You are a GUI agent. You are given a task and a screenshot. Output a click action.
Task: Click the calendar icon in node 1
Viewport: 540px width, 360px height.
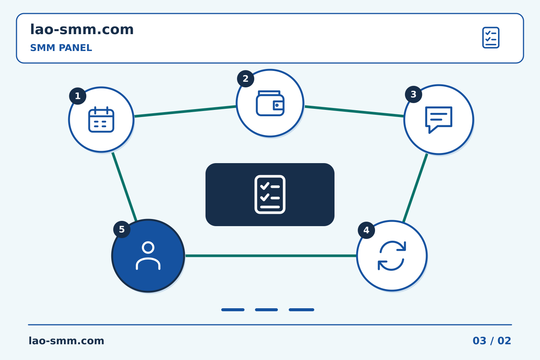click(101, 120)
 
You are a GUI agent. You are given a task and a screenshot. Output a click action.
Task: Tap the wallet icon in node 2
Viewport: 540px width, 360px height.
click(270, 103)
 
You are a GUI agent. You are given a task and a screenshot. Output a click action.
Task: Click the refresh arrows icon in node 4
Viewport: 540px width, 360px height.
click(392, 256)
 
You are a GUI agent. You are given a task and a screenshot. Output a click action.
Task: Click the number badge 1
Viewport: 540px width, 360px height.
click(78, 96)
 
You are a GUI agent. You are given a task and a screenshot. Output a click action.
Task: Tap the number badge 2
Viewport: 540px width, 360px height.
click(246, 79)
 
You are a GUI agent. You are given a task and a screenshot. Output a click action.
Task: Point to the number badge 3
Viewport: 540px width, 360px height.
click(413, 94)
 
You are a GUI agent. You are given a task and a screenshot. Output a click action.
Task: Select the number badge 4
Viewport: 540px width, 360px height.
click(366, 230)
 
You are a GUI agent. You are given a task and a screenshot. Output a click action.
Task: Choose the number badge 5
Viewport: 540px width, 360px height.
click(122, 229)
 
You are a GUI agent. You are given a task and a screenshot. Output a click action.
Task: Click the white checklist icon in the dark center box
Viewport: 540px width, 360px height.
click(270, 194)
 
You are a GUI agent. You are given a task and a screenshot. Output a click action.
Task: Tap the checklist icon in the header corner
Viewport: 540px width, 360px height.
click(491, 37)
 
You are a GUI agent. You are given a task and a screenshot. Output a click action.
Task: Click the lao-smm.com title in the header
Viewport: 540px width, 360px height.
click(82, 29)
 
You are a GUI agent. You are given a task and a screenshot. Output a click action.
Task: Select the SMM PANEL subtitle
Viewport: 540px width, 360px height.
click(61, 48)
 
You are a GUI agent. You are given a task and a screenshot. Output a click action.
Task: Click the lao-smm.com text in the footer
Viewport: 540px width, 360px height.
click(66, 341)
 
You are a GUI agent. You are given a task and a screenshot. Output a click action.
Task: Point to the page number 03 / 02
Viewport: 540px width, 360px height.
click(492, 341)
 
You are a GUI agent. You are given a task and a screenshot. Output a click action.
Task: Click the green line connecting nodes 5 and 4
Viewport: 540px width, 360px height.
click(271, 256)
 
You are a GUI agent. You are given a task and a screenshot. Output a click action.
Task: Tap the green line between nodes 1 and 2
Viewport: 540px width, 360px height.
click(185, 111)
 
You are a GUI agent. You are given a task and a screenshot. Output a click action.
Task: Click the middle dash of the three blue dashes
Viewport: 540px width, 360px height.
click(266, 310)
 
